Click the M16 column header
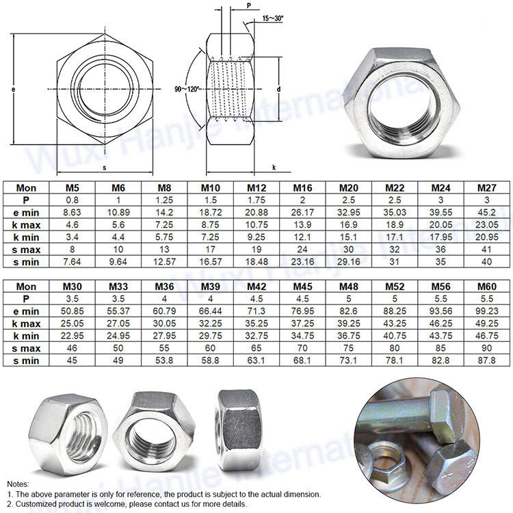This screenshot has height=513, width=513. tap(302, 188)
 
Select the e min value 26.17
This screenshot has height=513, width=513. tap(302, 212)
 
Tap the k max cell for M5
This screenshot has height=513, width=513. tap(72, 225)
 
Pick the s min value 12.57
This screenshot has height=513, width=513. tap(164, 262)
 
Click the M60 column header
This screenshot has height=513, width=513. tap(487, 287)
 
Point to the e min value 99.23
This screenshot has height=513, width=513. tap(487, 311)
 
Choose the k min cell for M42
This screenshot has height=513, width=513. tap(256, 336)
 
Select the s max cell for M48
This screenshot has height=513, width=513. tap(348, 348)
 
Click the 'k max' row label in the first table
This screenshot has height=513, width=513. tap(26, 225)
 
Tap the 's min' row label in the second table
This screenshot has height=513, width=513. tap(26, 361)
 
